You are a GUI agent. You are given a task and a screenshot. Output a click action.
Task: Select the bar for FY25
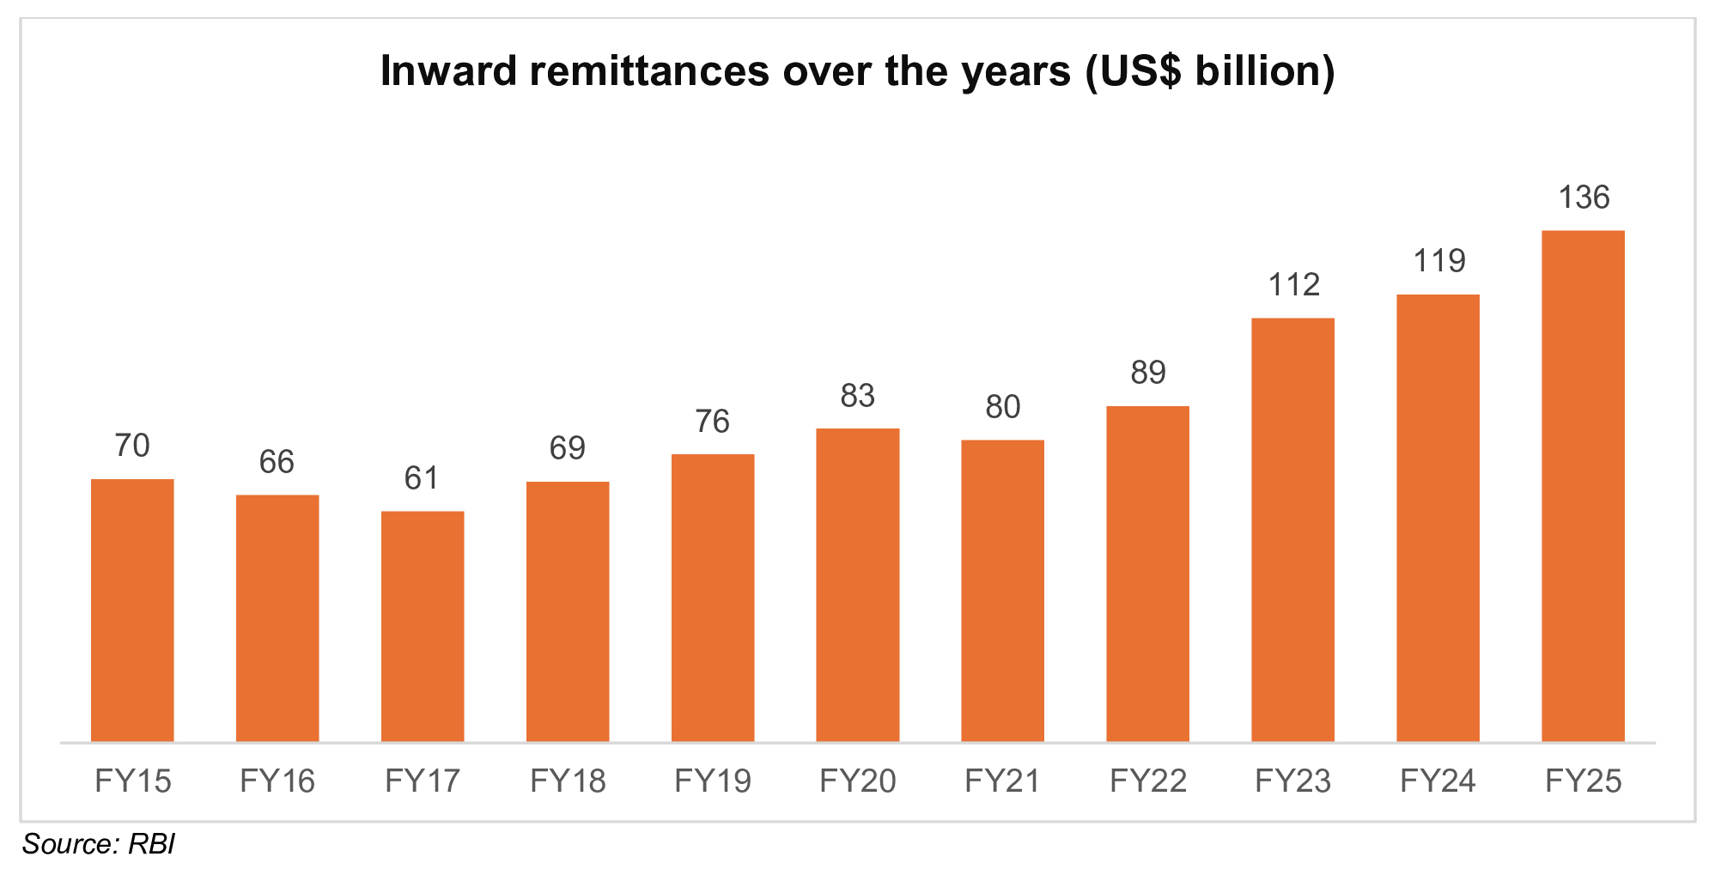tap(1583, 485)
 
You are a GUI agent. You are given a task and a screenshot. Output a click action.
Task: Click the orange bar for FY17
tap(423, 626)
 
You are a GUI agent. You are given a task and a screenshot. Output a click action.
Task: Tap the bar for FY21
tap(1002, 590)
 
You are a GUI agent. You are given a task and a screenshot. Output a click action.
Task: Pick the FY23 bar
tap(1292, 529)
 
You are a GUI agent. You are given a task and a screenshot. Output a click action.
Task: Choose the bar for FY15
tap(132, 610)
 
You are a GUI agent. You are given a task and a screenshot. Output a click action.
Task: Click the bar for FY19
tap(712, 597)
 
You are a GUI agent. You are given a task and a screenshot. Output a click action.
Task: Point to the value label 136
tap(1584, 197)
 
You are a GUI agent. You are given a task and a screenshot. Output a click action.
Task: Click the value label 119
tap(1438, 261)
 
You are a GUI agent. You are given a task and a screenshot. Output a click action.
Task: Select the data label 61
tap(422, 478)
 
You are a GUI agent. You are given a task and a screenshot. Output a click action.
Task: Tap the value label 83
tap(857, 396)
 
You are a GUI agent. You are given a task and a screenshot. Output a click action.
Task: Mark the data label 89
tap(1147, 373)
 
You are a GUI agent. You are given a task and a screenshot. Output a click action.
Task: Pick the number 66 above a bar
tap(277, 462)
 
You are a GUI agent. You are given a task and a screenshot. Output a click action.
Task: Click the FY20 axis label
tap(857, 781)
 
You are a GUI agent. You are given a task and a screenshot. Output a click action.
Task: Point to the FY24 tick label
tap(1438, 781)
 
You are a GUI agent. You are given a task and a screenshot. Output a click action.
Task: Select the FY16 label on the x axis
tap(277, 781)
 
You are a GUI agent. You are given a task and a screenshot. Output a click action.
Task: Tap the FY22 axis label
tap(1147, 781)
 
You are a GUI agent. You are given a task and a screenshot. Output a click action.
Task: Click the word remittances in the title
tap(648, 71)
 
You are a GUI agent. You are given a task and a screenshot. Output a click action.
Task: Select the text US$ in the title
tap(1134, 71)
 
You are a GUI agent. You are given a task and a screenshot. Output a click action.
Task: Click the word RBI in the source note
tap(151, 844)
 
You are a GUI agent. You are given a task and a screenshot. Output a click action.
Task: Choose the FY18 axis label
tap(568, 781)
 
